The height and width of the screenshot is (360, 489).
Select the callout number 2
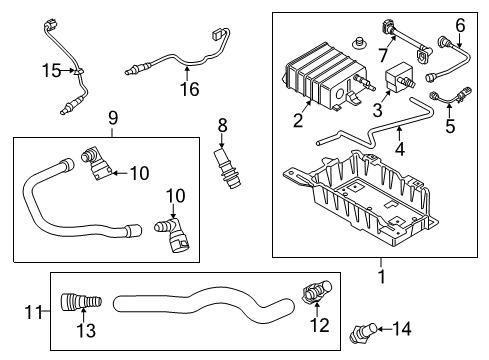pyautogui.click(x=298, y=121)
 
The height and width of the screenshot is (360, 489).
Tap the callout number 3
pyautogui.click(x=377, y=108)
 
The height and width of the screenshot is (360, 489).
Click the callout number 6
pyautogui.click(x=461, y=26)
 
